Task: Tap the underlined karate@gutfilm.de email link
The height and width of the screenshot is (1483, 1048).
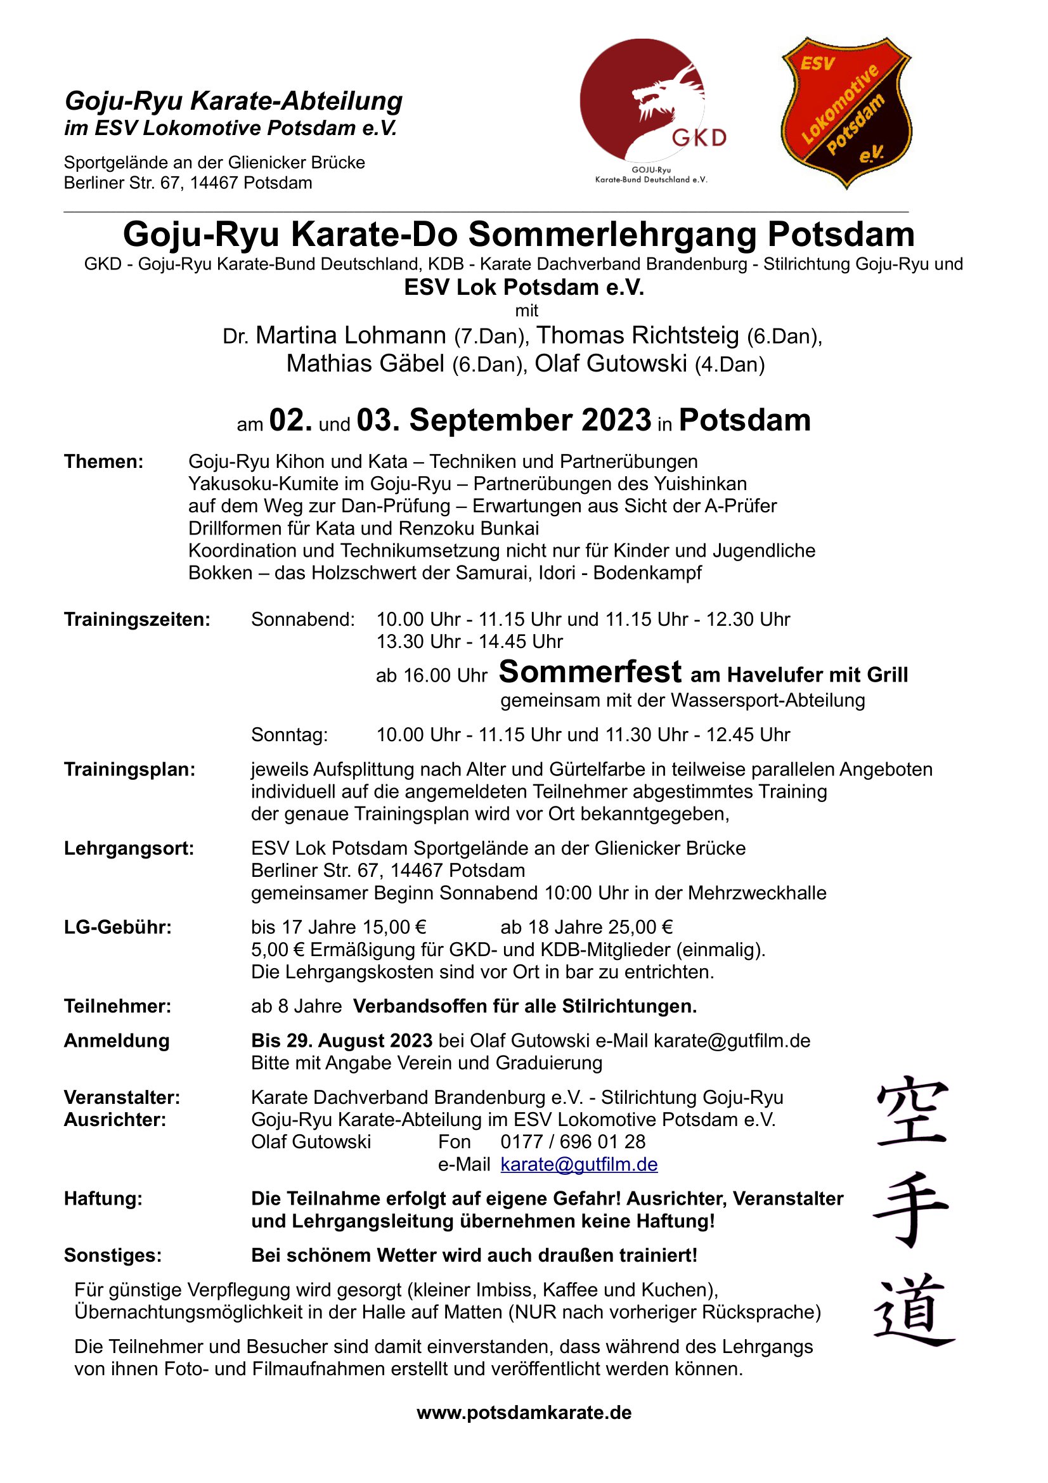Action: point(579,1164)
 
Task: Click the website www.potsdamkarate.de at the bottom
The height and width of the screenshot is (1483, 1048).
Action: point(524,1412)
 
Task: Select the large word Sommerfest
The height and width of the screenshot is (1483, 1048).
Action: point(590,671)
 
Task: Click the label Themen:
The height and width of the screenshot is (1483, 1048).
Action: point(103,462)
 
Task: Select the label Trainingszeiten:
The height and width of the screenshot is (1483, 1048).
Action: point(137,619)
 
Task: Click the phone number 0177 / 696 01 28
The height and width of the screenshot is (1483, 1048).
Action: point(573,1141)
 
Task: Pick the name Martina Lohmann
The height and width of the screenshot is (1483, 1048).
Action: point(351,335)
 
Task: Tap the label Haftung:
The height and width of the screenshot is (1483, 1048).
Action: point(103,1199)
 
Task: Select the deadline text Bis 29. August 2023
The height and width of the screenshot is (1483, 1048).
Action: point(342,1040)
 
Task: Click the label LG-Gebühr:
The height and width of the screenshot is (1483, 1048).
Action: point(117,928)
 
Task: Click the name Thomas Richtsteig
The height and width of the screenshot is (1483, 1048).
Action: point(637,335)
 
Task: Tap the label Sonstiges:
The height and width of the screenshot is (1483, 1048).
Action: point(112,1255)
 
